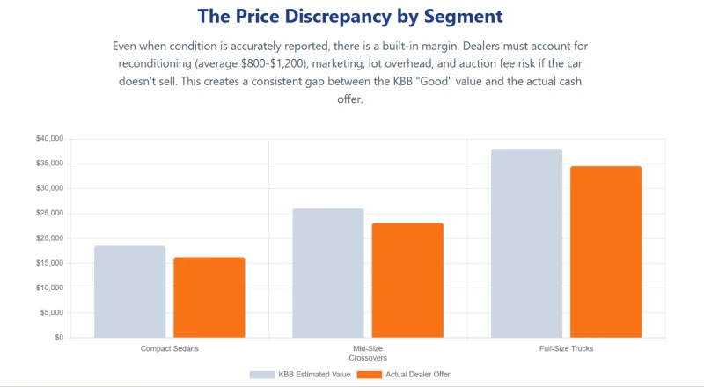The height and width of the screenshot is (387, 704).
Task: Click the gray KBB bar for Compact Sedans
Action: [x=129, y=291]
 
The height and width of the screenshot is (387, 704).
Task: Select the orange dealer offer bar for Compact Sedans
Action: [x=209, y=297]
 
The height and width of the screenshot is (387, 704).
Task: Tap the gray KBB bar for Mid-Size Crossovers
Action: [x=328, y=273]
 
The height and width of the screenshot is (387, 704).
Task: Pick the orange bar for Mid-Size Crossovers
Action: [x=407, y=281]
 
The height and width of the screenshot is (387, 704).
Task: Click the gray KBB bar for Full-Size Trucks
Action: [x=526, y=244]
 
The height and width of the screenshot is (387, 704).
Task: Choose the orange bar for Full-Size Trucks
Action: [x=606, y=252]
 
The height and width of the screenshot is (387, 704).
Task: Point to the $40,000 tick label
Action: [x=50, y=139]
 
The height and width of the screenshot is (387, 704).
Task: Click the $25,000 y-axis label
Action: [x=50, y=213]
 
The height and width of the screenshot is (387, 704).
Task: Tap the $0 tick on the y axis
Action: [x=59, y=337]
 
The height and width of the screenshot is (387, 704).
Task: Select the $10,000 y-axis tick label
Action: [x=50, y=288]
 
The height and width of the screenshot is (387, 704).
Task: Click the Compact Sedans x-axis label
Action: [x=169, y=348]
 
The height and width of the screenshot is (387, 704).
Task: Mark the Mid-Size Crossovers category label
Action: [x=368, y=354]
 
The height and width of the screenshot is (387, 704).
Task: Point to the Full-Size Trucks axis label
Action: [x=566, y=348]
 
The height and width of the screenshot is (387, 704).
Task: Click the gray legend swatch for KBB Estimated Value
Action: [x=262, y=375]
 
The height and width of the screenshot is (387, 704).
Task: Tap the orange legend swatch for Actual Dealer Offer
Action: [x=370, y=375]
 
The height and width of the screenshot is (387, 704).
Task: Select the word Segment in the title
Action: [x=464, y=16]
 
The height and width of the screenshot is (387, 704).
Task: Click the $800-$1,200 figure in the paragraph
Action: [x=274, y=63]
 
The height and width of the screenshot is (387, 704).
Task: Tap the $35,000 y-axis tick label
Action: [x=50, y=164]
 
